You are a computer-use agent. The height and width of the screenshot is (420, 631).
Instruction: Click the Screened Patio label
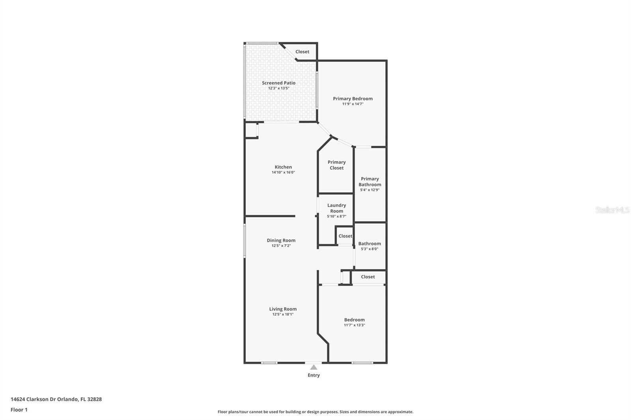pos(278,83)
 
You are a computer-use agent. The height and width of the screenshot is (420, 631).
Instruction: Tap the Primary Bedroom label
pos(353,98)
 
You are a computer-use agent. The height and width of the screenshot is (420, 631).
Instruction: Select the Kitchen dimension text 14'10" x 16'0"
pos(283,173)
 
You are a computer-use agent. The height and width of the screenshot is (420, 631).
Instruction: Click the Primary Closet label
pos(336,165)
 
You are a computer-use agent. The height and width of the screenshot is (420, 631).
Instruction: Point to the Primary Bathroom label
pos(370,182)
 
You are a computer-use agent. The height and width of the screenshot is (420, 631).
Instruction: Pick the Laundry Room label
pos(336,208)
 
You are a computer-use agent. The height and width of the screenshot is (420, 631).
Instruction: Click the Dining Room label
pos(281,240)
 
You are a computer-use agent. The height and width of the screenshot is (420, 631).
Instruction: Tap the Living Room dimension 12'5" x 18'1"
pos(283,314)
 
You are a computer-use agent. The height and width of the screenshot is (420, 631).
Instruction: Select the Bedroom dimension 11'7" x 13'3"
pos(354,325)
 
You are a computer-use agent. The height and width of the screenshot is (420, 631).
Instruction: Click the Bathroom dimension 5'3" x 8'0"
pos(370,249)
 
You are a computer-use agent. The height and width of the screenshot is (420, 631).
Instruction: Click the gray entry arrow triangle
pos(314,367)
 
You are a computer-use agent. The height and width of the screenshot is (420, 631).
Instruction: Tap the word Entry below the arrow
pos(314,375)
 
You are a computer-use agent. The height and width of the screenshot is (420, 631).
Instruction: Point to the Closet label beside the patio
pos(302,52)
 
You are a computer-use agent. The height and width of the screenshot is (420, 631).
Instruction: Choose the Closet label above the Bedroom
pos(368,277)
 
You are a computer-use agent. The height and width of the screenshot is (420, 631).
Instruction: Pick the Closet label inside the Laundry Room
pos(345,236)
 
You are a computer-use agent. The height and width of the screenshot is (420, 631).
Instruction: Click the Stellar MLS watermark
pos(612,210)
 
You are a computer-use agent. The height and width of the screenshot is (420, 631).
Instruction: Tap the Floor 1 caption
pos(19,410)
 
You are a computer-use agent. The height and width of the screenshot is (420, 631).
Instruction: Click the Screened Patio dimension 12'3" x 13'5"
pos(278,88)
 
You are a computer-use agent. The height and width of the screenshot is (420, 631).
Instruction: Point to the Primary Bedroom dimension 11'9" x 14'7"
pos(353,104)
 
